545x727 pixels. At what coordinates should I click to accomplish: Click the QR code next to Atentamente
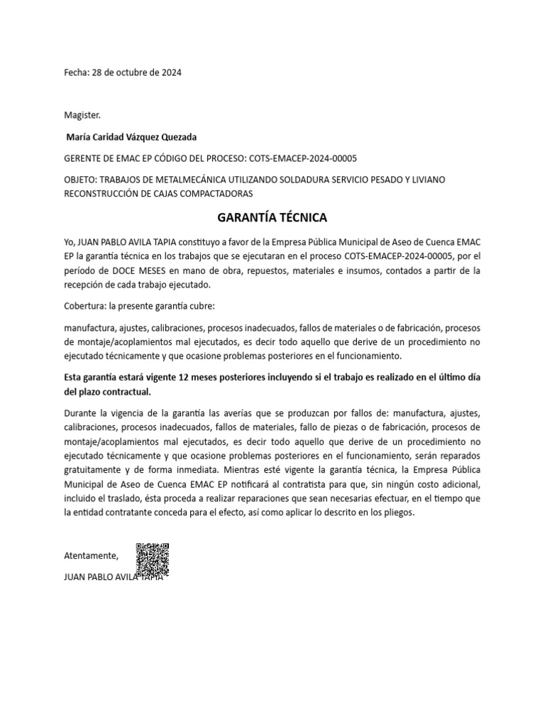tap(153, 559)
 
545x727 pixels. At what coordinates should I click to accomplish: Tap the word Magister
tap(83, 114)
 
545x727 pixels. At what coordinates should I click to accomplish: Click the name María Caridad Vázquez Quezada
tap(131, 136)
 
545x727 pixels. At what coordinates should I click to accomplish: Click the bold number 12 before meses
tap(185, 377)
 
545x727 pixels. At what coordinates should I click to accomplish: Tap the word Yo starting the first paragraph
tap(69, 242)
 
